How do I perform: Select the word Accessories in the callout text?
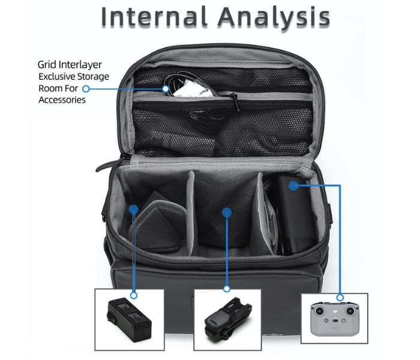62,100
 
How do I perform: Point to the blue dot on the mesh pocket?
166,89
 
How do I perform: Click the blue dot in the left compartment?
134,209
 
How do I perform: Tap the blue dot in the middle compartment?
226,211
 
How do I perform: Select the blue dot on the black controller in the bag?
293,186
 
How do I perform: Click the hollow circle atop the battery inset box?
134,295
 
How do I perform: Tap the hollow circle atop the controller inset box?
340,298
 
